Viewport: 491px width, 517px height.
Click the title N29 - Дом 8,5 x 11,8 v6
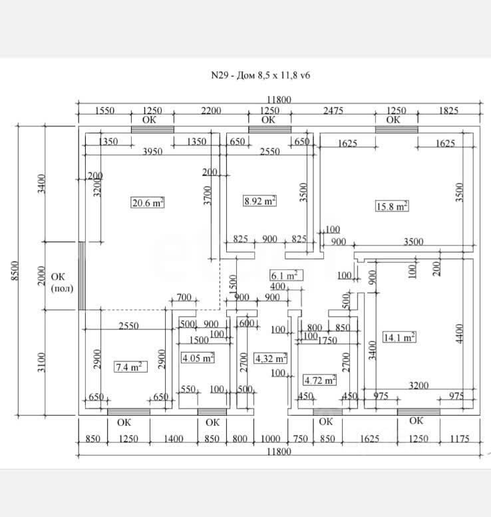click(260, 75)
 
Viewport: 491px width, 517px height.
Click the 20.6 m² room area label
click(148, 204)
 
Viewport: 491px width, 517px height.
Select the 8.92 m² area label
click(260, 200)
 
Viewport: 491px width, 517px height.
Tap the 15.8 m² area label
click(392, 206)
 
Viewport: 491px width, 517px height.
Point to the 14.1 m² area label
click(399, 337)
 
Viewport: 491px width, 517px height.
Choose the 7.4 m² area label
click(130, 367)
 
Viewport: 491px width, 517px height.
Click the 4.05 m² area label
click(198, 358)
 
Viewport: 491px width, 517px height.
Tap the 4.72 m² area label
click(319, 380)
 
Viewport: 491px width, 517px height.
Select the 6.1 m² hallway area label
click(287, 275)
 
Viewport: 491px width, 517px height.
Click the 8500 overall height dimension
click(16, 271)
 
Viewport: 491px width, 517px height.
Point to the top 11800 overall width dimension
click(279, 100)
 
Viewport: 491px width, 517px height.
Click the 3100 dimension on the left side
click(41, 363)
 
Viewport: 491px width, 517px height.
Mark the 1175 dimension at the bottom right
click(459, 438)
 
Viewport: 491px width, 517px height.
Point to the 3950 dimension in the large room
click(153, 152)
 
